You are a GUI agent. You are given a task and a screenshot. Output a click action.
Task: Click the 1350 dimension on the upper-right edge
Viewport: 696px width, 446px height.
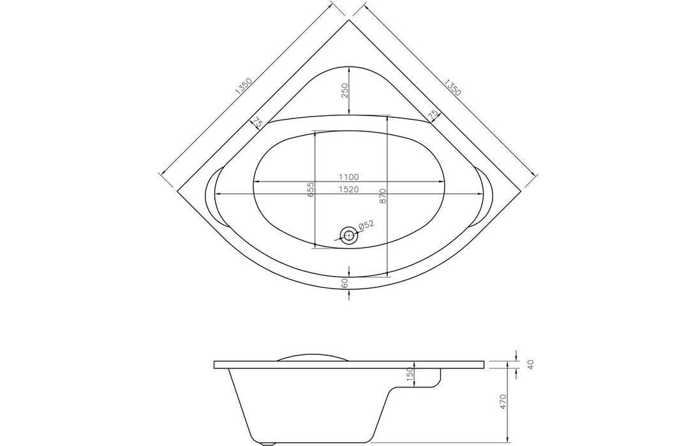click(452, 87)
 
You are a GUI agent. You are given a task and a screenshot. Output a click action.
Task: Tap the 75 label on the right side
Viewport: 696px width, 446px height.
click(433, 115)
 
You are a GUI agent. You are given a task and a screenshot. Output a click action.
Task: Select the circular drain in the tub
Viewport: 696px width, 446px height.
click(348, 235)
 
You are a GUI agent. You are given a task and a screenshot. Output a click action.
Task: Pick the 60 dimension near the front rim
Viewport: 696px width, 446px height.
click(344, 284)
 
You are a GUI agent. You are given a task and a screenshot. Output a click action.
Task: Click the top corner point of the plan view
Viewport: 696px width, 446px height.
click(349, 20)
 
